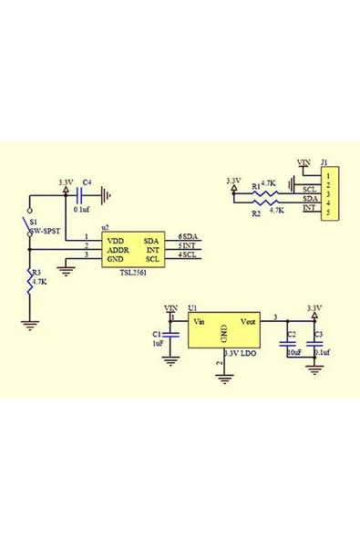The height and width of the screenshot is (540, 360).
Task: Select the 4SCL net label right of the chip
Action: [x=188, y=254]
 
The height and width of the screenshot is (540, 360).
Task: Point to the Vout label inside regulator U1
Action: [x=246, y=321]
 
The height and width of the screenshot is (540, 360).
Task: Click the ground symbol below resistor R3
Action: [x=30, y=321]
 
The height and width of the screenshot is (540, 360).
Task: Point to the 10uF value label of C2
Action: [x=293, y=351]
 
